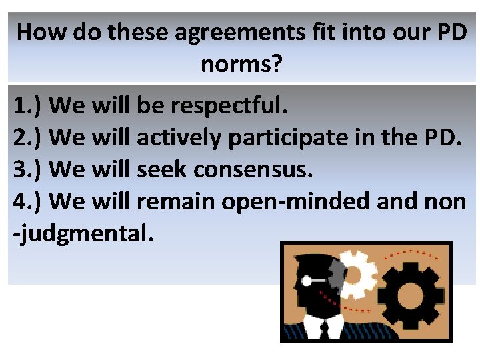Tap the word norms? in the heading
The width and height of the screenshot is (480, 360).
coord(240,65)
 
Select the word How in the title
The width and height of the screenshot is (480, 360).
coord(42,33)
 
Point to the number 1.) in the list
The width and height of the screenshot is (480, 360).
coord(28,105)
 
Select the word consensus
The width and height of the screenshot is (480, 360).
coord(253,169)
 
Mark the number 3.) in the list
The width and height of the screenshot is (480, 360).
coord(28,169)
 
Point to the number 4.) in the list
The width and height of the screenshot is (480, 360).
coord(28,201)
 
